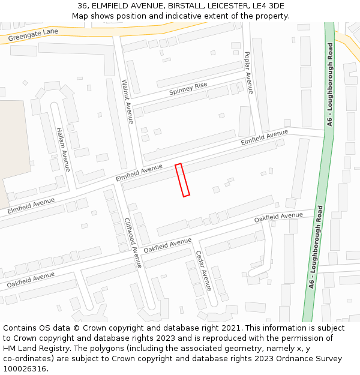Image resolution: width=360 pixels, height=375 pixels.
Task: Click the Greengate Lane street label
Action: coord(34,35)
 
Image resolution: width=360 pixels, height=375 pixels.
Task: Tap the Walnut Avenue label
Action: coord(127,101)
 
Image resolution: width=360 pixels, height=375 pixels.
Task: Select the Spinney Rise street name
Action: coord(188,89)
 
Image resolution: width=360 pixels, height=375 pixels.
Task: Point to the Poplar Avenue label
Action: coord(248,73)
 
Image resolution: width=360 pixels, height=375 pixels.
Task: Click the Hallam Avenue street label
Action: coord(63,149)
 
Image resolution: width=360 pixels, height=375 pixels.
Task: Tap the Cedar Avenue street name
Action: coord(203,271)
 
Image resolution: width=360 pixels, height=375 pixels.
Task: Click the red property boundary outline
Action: coord(182,179)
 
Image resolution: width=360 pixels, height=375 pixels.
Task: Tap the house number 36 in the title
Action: coord(83,6)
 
